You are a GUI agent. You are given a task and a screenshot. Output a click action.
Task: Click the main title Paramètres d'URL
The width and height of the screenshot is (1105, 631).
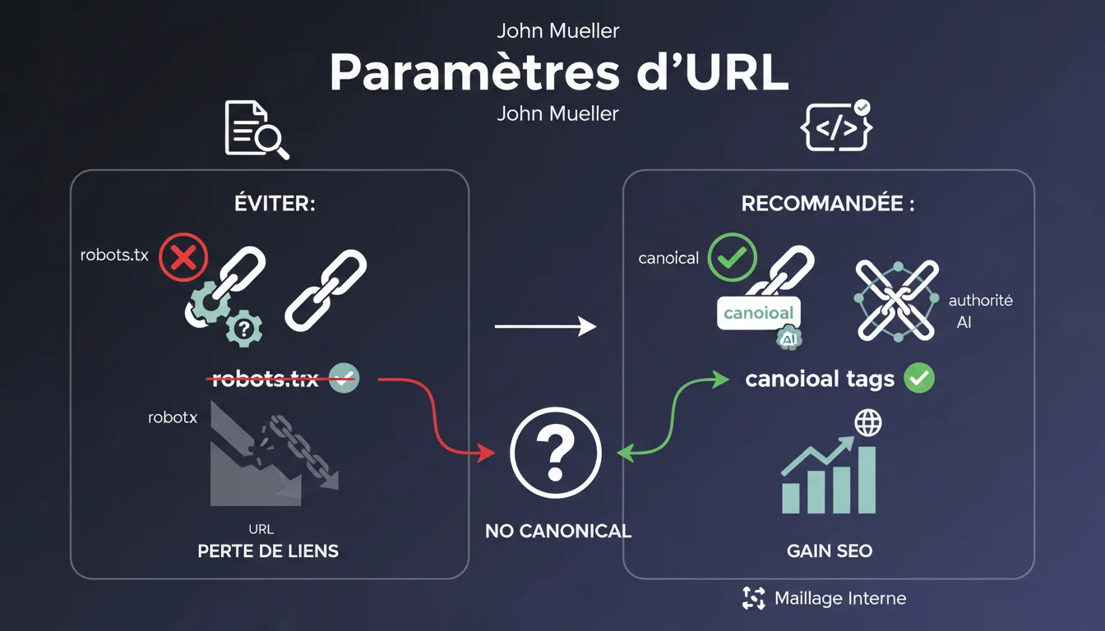pyautogui.click(x=559, y=73)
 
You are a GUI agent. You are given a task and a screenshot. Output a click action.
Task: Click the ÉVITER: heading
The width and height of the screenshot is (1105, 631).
pyautogui.click(x=270, y=203)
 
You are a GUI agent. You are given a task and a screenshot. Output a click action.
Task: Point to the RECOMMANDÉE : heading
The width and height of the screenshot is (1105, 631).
pyautogui.click(x=828, y=203)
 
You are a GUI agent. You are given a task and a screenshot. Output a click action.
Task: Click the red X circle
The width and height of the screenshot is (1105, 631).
pyautogui.click(x=183, y=258)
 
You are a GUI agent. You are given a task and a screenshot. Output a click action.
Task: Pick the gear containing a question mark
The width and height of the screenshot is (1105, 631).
pyautogui.click(x=243, y=328)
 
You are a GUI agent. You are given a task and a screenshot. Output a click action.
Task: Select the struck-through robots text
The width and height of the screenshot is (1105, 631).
pyautogui.click(x=266, y=379)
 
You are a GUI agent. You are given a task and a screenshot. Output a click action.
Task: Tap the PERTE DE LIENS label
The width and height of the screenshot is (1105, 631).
pyautogui.click(x=268, y=550)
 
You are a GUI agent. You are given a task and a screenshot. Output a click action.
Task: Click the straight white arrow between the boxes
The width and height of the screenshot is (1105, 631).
pyautogui.click(x=545, y=327)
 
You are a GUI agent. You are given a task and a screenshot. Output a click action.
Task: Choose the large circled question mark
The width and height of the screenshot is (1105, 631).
pyautogui.click(x=556, y=453)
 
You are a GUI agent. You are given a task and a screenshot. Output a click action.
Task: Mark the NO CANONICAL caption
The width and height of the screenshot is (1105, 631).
pyautogui.click(x=558, y=531)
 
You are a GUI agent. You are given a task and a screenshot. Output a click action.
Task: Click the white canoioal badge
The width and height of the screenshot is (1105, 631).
pyautogui.click(x=759, y=313)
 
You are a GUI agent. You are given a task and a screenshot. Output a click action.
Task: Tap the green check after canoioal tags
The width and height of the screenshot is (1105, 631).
pyautogui.click(x=919, y=378)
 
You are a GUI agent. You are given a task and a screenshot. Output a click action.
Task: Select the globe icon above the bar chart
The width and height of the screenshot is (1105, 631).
pyautogui.click(x=867, y=424)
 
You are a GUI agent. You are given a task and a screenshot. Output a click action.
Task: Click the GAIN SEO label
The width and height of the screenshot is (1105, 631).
pyautogui.click(x=830, y=550)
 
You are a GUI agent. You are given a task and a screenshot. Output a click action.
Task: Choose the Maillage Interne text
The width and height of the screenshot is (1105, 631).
pyautogui.click(x=840, y=598)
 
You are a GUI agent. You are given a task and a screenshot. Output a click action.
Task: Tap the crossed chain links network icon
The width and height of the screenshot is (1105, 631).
pyautogui.click(x=896, y=301)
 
